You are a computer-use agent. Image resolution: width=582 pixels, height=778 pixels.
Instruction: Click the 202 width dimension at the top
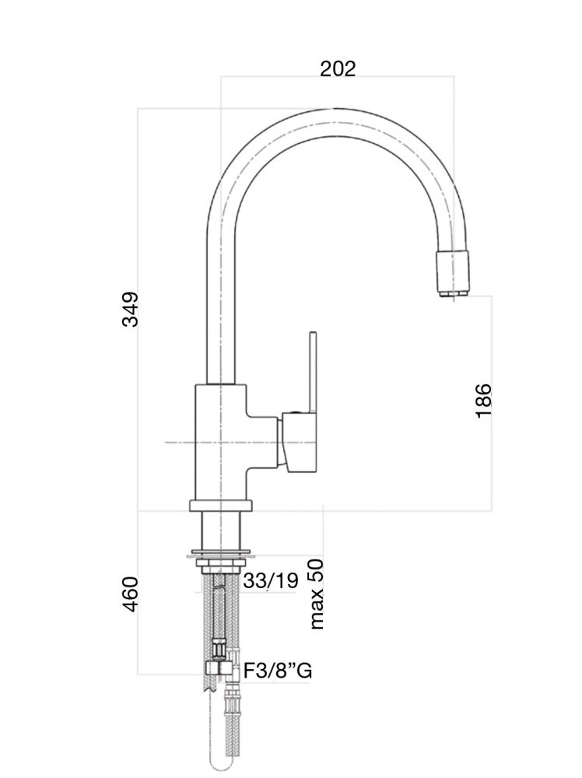[x=338, y=68]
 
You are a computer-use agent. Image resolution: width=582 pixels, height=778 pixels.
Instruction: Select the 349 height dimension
[x=130, y=309]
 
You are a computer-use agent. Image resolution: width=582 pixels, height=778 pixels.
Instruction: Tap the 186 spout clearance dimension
[x=484, y=400]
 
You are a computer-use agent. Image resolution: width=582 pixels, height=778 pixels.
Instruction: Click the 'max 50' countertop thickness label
[x=315, y=594]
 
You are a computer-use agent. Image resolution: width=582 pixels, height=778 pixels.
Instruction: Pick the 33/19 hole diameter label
[x=271, y=580]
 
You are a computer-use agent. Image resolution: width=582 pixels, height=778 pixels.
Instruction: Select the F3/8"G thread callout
[x=278, y=671]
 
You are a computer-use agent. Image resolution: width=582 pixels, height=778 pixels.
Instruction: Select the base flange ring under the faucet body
[x=222, y=506]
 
